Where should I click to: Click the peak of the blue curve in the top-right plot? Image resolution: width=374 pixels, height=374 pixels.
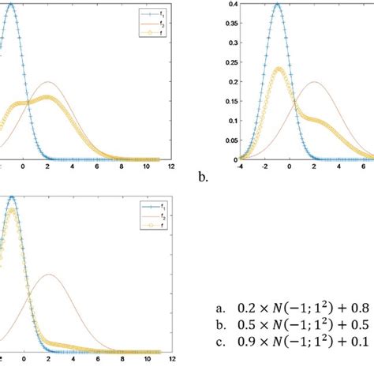pyautogui.click(x=277, y=4)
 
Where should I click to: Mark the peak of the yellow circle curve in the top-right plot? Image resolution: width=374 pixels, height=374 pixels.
pyautogui.click(x=277, y=69)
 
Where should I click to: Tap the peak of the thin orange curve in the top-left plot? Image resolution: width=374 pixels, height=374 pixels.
pyautogui.click(x=48, y=81)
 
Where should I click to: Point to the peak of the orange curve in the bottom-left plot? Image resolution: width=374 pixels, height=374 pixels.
pyautogui.click(x=48, y=275)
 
